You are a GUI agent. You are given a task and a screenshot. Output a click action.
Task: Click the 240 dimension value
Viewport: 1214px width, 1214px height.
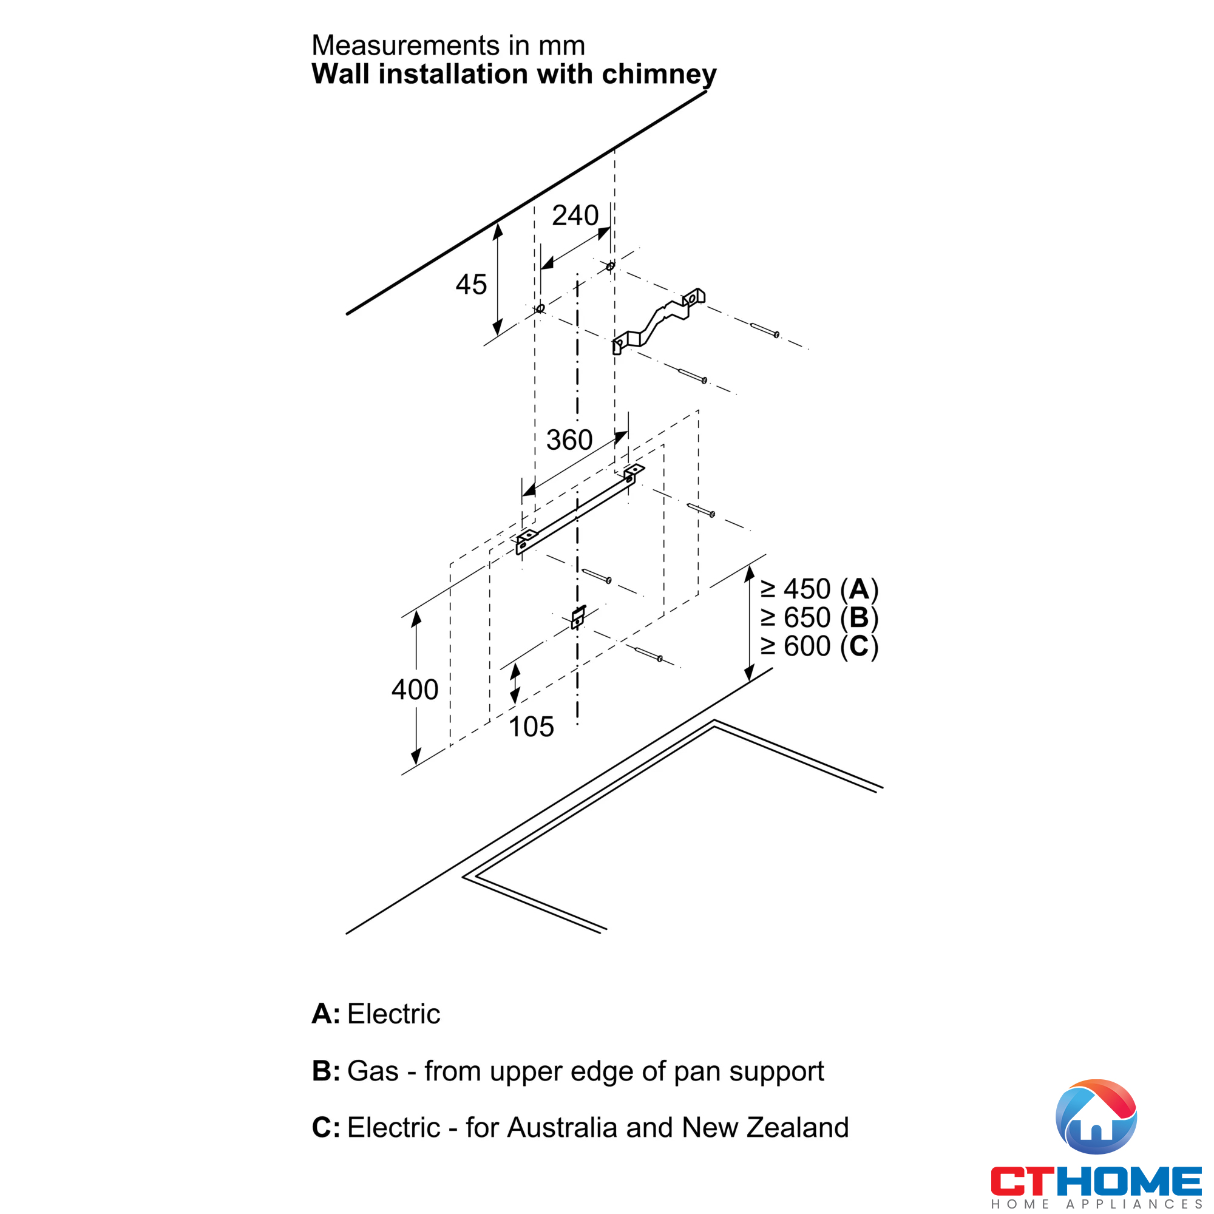(575, 215)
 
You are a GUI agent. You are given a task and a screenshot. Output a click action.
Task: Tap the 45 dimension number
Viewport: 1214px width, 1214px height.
(471, 285)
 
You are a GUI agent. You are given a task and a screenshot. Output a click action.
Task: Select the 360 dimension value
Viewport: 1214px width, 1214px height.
(569, 440)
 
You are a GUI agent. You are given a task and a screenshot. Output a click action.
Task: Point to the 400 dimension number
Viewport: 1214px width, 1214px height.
(415, 690)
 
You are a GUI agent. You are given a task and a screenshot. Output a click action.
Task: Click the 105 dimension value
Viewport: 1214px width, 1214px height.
(531, 727)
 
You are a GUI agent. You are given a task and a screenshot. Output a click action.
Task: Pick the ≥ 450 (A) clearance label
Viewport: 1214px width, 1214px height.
(819, 589)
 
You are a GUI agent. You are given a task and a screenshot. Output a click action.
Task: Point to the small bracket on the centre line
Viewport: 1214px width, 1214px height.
(578, 617)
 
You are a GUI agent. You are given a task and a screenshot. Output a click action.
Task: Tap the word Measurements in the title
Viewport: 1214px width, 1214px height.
(405, 46)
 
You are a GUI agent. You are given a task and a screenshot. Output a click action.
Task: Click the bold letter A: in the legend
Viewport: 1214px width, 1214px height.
(326, 1014)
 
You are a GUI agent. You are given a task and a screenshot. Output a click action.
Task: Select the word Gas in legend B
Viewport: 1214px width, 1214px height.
(373, 1071)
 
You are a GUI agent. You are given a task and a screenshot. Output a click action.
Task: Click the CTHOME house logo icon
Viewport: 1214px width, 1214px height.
(1096, 1117)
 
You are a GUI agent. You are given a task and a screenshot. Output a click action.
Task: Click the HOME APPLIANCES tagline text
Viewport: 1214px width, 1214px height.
(1096, 1204)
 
